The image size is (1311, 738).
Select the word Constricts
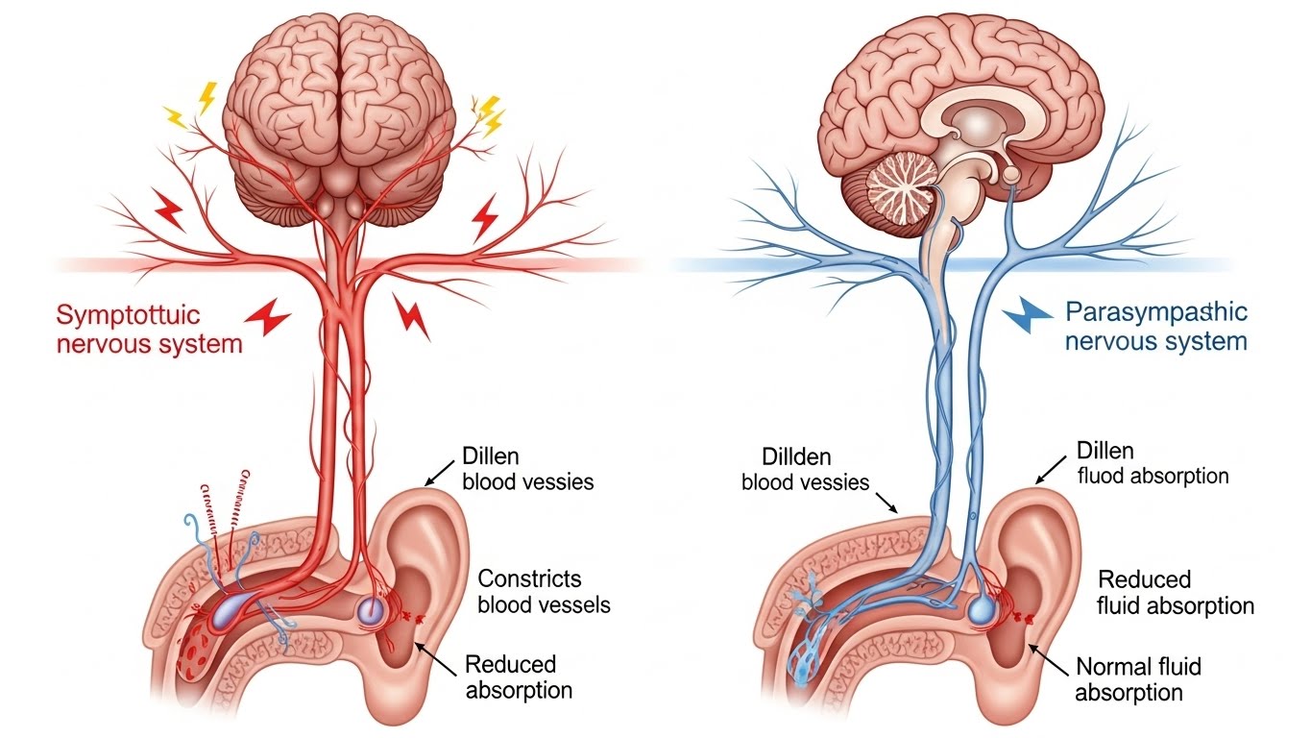coord(529,579)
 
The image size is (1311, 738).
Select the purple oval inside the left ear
coord(370,609)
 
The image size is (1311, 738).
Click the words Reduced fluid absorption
coord(1176,593)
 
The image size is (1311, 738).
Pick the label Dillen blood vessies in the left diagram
coord(527,468)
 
